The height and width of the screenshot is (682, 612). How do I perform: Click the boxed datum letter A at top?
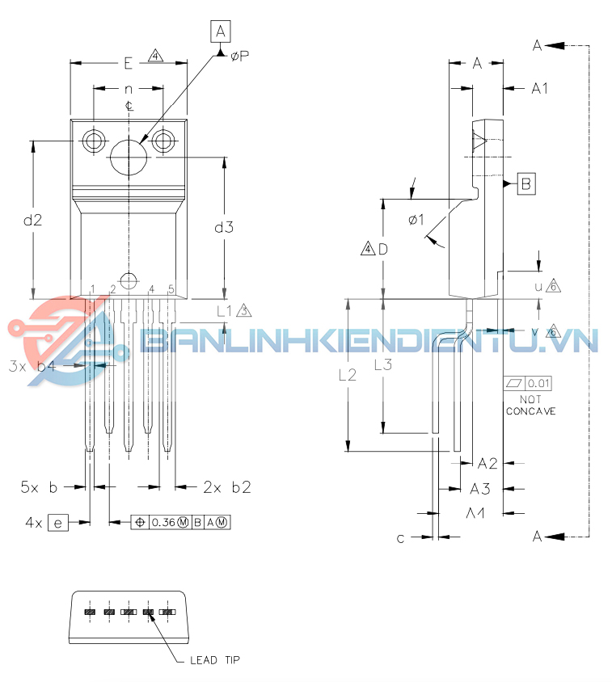(x=220, y=32)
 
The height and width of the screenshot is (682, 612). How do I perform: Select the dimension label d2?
(x=32, y=219)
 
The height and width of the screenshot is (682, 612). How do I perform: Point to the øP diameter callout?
(x=239, y=56)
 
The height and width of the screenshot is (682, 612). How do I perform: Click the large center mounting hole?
(x=129, y=156)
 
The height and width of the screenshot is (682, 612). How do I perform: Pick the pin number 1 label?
(x=93, y=289)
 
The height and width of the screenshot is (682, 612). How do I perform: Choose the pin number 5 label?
(x=171, y=289)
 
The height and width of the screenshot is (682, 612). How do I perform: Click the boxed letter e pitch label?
(x=57, y=523)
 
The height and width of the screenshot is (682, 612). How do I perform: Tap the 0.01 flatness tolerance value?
(x=539, y=383)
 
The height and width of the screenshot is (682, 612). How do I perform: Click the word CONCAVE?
(x=530, y=410)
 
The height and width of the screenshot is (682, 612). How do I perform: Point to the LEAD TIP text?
(x=214, y=660)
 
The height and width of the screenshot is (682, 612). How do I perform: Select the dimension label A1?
(x=539, y=88)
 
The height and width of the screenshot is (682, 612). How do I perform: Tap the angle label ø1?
(x=416, y=219)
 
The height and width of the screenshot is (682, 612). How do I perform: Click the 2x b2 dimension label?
(x=226, y=486)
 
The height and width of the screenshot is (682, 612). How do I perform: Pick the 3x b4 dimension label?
(x=32, y=365)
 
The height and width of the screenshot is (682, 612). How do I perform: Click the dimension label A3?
(x=480, y=488)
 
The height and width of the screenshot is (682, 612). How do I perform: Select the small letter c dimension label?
(x=400, y=538)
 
